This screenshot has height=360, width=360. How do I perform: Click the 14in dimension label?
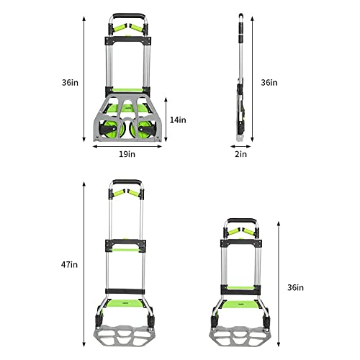click(x=178, y=120)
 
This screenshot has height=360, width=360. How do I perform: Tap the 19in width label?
click(x=127, y=154)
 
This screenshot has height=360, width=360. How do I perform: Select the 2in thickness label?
click(x=240, y=154)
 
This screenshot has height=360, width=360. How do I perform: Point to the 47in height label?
click(x=69, y=265)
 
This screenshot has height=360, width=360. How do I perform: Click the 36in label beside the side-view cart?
click(x=269, y=83)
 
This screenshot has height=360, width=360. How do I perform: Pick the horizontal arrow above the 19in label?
click(x=127, y=146)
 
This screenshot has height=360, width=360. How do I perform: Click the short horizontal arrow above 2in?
click(x=240, y=146)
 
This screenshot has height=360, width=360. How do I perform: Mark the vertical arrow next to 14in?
click(x=166, y=120)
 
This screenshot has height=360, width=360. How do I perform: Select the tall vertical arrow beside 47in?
click(x=84, y=264)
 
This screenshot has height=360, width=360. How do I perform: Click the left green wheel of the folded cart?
click(x=110, y=129)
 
